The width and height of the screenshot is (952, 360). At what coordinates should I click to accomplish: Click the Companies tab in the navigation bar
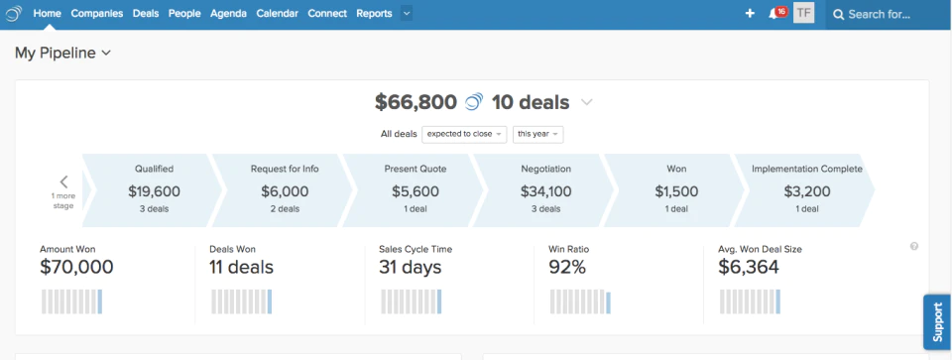97,13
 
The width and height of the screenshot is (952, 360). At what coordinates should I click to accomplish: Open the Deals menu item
146,13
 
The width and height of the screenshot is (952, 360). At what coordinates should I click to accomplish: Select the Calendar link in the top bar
277,13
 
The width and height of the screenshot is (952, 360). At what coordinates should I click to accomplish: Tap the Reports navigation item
374,13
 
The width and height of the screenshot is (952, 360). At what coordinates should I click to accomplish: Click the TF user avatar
804,13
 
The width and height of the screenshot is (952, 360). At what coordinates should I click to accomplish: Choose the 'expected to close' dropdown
464,134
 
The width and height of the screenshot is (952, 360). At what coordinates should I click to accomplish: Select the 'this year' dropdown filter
537,134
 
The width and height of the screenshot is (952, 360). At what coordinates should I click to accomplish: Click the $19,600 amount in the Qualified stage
155,191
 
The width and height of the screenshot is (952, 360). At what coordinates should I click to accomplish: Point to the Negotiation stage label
545,169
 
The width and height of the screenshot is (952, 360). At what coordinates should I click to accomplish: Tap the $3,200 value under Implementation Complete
807,191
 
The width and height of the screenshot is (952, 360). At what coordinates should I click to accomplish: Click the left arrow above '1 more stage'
63,181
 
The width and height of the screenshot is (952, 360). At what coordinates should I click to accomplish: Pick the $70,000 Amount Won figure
76,267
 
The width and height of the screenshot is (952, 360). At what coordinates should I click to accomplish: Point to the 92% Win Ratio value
567,267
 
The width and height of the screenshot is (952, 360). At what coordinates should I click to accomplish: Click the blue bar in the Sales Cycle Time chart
439,301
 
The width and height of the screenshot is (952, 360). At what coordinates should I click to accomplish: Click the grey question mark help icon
913,247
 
